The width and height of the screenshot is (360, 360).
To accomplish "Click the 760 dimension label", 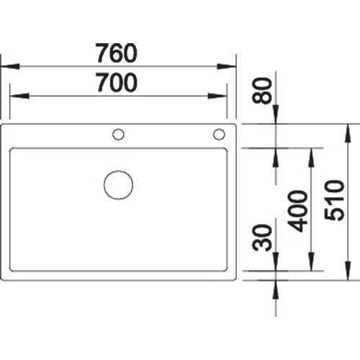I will (x=117, y=53).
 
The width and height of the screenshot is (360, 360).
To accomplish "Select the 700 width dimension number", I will (x=117, y=84).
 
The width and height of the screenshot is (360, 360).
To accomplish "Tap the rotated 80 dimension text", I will (x=264, y=89).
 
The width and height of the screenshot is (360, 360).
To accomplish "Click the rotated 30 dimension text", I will (x=264, y=238).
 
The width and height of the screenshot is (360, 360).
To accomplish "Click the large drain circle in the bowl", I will (x=118, y=184).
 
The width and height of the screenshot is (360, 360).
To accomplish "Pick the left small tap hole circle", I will (x=118, y=134).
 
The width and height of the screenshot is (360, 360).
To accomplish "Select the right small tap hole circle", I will (x=217, y=134).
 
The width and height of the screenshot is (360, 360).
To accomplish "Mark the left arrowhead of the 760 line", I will (x=6, y=66).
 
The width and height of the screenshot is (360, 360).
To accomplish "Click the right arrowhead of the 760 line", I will (x=232, y=66).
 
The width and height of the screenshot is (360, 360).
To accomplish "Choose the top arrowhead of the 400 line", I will (x=310, y=153).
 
